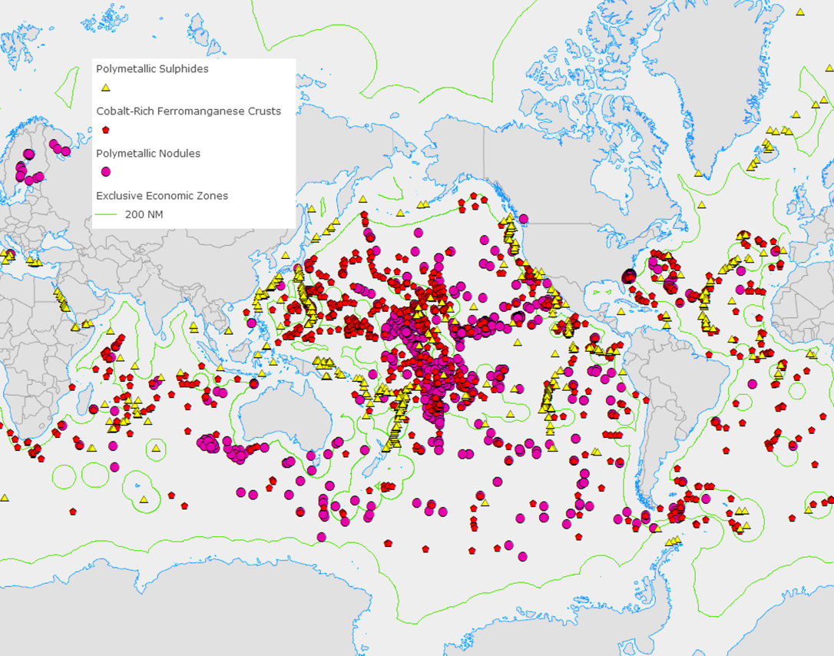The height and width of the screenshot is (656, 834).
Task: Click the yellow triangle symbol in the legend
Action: pos(106,88)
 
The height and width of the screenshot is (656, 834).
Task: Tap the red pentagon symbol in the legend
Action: pos(106,130)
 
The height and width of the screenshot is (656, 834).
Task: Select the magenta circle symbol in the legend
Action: pos(106,172)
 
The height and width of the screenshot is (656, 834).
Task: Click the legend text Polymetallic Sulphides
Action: pos(152,69)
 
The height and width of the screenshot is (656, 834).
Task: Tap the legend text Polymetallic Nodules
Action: pos(148,154)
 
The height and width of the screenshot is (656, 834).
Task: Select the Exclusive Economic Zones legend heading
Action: pos(162,196)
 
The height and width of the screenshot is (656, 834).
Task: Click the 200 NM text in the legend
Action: pos(144,214)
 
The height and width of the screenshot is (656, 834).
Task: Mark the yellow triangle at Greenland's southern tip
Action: pos(698,174)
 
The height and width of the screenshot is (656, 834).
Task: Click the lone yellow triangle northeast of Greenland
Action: pos(800,12)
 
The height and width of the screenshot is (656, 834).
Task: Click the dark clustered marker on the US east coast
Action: pos(629,276)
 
